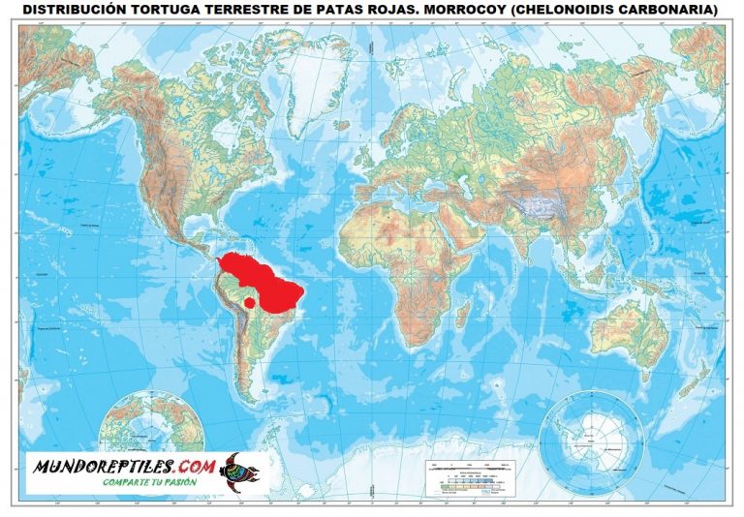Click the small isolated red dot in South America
[x=249, y=303]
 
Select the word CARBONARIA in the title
[x=669, y=11]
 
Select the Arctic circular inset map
[x=154, y=429]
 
